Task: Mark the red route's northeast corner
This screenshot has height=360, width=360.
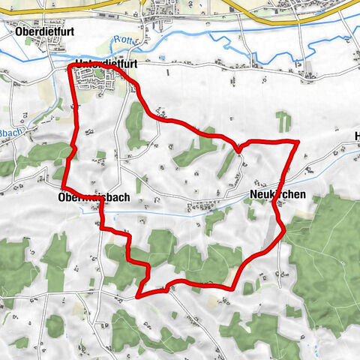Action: [298, 141]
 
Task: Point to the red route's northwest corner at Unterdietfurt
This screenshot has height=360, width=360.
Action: [70, 67]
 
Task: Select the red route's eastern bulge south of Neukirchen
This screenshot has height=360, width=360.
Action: [284, 232]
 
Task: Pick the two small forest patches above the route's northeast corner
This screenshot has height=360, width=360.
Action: [283, 120]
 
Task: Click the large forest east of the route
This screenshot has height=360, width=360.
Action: [322, 255]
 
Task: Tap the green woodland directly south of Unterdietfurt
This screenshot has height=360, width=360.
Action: [135, 124]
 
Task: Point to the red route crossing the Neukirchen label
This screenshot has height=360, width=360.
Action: [278, 196]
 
